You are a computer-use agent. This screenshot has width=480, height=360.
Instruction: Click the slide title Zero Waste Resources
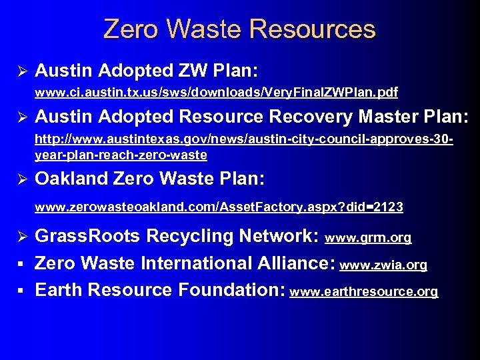[x=239, y=29]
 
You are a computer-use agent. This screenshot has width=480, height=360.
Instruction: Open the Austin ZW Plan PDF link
[x=216, y=91]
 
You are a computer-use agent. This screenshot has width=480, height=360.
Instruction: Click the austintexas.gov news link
[x=244, y=148]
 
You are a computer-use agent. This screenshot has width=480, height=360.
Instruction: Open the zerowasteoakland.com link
[x=219, y=207]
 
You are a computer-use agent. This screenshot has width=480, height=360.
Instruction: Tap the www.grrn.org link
[x=368, y=237]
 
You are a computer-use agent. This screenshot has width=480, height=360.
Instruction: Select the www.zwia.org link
[x=383, y=265]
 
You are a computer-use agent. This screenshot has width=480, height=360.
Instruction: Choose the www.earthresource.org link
[x=365, y=292]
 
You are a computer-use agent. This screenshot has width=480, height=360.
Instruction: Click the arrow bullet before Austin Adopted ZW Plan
[x=21, y=70]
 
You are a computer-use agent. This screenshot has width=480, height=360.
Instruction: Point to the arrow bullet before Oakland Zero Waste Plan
[x=21, y=179]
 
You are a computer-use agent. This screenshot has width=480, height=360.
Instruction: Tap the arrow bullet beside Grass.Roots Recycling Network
[x=21, y=236]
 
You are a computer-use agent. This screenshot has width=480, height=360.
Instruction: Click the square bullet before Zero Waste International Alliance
[x=21, y=264]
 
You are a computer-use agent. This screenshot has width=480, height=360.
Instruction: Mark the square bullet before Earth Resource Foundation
[x=21, y=291]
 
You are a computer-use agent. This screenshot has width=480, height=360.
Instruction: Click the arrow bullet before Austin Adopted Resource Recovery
[x=21, y=117]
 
